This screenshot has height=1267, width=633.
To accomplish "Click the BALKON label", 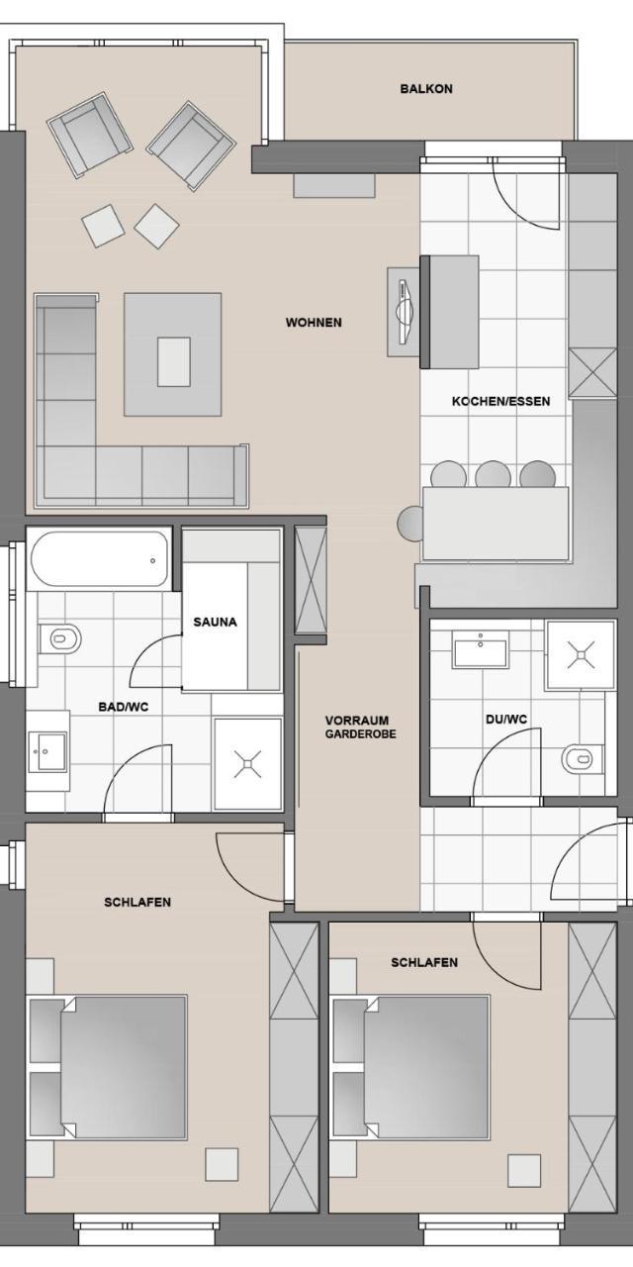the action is pos(426,89).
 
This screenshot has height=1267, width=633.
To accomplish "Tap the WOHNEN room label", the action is pos(314,323).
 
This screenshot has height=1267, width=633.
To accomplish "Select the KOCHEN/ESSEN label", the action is pos(500,401).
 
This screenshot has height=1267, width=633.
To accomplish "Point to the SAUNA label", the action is pos(215,622).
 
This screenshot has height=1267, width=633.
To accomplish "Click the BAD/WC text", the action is pos(124,707).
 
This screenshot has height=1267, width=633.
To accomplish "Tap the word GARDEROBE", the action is pos(361,734).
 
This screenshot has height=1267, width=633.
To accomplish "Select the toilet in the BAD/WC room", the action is pos(60,638).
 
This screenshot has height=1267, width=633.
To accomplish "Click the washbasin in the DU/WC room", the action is pos(481,648).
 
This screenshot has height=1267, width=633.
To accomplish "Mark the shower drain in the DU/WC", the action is pos(581,655).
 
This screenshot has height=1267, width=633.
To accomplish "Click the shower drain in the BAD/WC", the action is pos(247,764).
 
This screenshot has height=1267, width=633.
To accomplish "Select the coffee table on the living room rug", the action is pos(173,362).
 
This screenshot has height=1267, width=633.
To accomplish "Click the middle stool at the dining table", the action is pos(493,475).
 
